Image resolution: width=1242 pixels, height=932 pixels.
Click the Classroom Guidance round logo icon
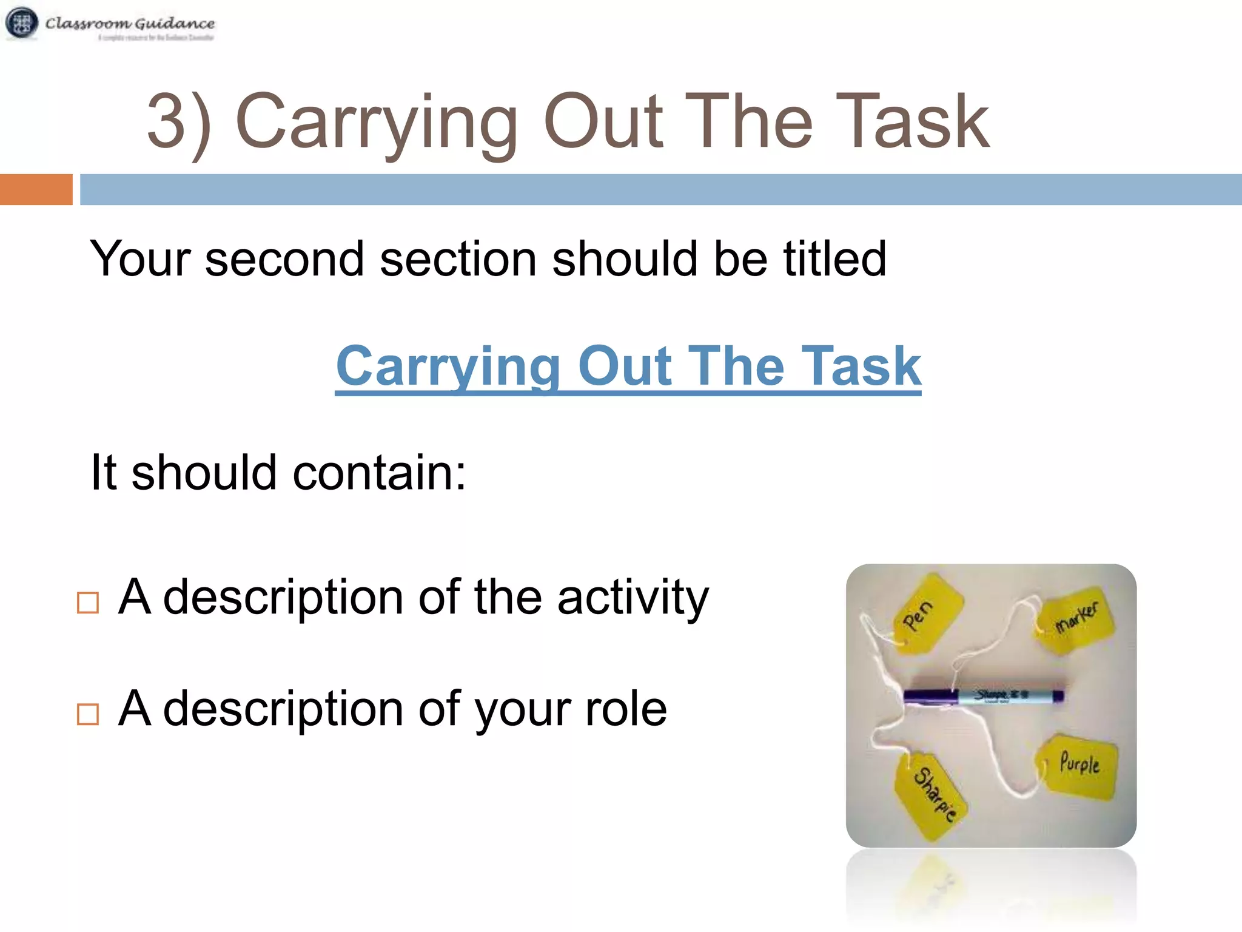pyautogui.click(x=21, y=24)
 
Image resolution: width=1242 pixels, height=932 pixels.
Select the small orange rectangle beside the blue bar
pyautogui.click(x=36, y=189)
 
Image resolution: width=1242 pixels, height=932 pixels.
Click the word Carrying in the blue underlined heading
pyautogui.click(x=448, y=366)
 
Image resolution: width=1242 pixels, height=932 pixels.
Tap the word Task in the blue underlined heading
pyautogui.click(x=861, y=366)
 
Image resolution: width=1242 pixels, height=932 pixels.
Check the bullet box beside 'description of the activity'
pyautogui.click(x=88, y=603)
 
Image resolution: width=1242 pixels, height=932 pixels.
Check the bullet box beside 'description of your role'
pyautogui.click(x=88, y=714)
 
